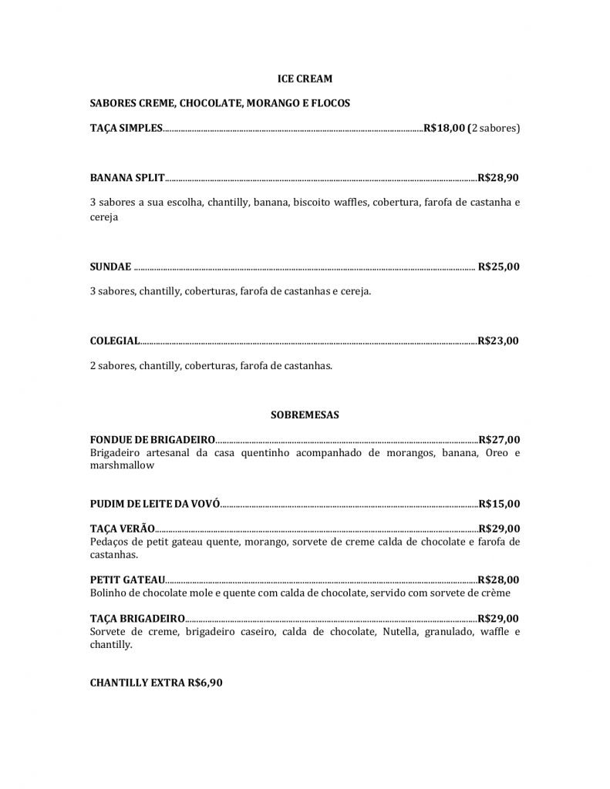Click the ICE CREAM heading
[305, 78]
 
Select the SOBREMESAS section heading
[305, 415]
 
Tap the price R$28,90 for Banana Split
[498, 177]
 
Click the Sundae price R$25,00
[499, 267]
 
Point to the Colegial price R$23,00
[498, 341]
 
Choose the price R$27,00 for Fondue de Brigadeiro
[499, 440]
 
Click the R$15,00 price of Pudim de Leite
[499, 504]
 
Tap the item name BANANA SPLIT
[127, 177]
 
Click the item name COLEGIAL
[115, 341]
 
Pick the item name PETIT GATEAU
[127, 579]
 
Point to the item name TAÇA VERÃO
[123, 529]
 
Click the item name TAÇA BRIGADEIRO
[137, 618]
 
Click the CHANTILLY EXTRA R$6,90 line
[157, 683]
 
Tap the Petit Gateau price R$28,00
[499, 579]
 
